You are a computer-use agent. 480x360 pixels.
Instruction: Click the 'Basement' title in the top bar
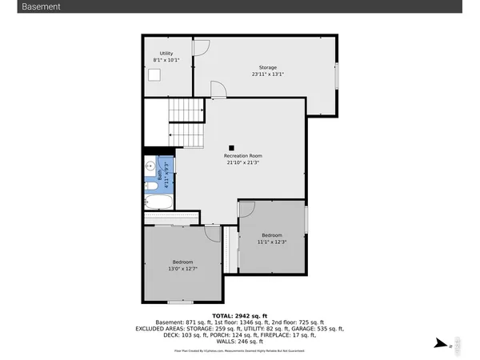(40, 6)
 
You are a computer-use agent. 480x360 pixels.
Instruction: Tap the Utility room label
(166, 54)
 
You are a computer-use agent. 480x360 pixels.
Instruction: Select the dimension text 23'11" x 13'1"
(267, 74)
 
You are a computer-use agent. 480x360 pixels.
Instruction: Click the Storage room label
(267, 67)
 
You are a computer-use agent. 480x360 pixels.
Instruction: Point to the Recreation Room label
(242, 155)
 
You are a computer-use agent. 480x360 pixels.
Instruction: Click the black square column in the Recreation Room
(231, 147)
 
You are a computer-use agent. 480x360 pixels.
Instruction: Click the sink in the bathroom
(150, 167)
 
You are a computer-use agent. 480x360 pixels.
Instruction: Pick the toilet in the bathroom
(150, 186)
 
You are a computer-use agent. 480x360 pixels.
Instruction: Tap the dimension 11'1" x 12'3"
(272, 242)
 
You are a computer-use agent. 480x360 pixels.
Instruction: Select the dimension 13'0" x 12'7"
(182, 269)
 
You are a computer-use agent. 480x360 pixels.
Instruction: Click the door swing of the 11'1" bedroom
(246, 208)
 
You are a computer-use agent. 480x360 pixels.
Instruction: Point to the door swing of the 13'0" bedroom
(213, 233)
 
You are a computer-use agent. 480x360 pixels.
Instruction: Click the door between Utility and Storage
(202, 46)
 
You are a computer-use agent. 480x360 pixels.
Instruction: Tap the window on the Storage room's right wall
(337, 76)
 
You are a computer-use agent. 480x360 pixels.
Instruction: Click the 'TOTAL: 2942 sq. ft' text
(240, 315)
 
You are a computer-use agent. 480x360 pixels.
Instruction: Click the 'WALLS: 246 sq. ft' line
(240, 342)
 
